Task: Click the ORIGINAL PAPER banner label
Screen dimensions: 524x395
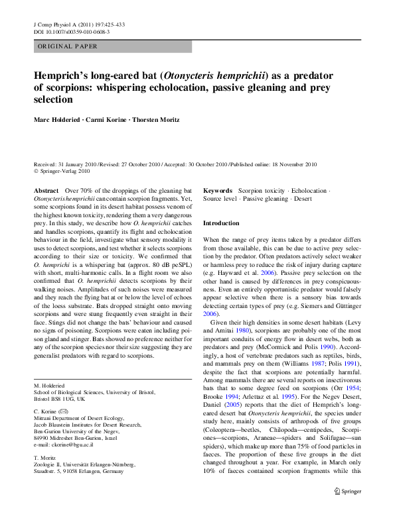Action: coord(68,46)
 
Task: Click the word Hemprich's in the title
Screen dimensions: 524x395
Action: coord(63,75)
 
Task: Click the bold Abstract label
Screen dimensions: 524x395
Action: coord(46,190)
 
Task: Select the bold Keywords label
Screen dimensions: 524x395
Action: coord(218,190)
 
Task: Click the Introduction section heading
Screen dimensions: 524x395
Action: coord(220,223)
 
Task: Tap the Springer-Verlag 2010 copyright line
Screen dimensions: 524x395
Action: coord(64,171)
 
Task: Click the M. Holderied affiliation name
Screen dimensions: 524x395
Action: coord(50,384)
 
